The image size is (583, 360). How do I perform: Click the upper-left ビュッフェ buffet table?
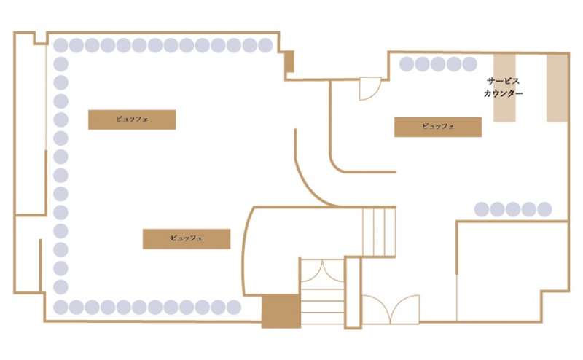[132, 120]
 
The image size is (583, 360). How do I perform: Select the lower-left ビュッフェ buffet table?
[187, 239]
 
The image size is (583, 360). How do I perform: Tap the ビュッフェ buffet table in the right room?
[438, 127]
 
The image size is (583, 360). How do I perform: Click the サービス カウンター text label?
[503, 87]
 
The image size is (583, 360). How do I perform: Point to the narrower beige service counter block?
[505, 87]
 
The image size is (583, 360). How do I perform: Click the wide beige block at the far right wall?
[557, 87]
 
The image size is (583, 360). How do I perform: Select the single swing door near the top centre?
[369, 89]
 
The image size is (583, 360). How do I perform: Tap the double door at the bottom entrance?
[391, 309]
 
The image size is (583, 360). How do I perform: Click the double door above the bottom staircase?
[321, 269]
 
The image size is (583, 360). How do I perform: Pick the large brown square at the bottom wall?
[281, 310]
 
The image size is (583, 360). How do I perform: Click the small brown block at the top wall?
[289, 61]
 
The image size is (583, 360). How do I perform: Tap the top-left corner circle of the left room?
[61, 45]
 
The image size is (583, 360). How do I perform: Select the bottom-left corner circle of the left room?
[61, 307]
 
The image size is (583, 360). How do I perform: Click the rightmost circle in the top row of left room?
[265, 45]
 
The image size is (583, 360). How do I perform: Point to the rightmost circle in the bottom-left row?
[233, 307]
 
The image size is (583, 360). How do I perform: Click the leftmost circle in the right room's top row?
[406, 64]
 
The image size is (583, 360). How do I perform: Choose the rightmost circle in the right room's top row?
[469, 64]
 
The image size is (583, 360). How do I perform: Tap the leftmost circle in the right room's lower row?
[482, 209]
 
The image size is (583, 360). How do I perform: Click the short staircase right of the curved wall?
[378, 232]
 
